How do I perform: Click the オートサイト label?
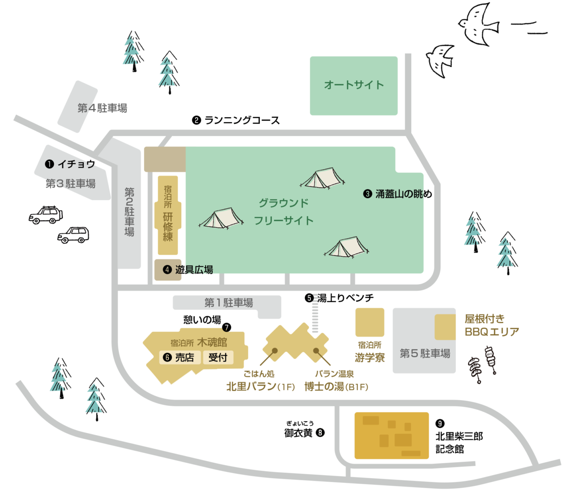click(354, 85)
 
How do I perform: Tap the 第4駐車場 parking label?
click(102, 108)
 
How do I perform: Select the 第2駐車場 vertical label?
click(129, 212)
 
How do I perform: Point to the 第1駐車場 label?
click(229, 303)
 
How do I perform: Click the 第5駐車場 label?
click(425, 354)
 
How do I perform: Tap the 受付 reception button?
click(218, 357)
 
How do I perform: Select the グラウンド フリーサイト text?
click(284, 212)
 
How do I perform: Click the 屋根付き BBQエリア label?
click(491, 325)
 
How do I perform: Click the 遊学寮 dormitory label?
click(369, 357)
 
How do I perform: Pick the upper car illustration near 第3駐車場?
click(46, 215)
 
